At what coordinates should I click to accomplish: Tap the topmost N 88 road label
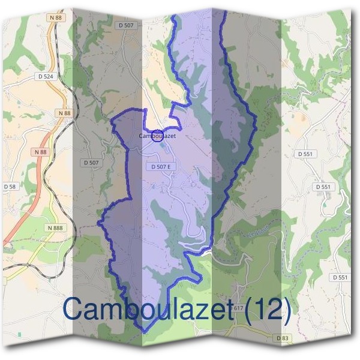56,17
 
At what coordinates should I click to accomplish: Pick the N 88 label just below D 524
64,113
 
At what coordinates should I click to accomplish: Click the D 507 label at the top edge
126,25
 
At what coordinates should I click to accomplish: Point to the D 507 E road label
161,166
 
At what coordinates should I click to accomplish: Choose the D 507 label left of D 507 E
91,163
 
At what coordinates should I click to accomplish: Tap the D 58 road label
10,187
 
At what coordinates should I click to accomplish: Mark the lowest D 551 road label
340,277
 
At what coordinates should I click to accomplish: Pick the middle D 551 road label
323,187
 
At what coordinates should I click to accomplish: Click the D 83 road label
283,338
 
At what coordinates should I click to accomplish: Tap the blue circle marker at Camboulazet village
157,136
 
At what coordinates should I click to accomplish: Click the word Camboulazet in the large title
147,310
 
